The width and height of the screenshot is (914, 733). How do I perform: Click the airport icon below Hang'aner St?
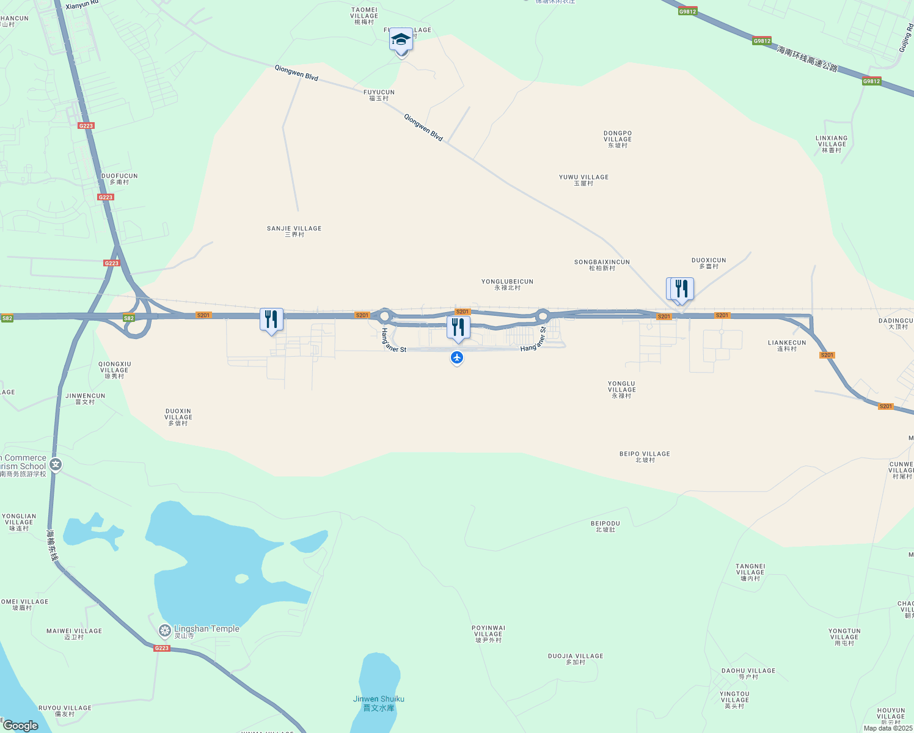coord(457,357)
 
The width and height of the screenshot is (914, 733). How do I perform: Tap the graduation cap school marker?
coord(401,40)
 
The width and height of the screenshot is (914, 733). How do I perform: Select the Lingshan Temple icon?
coord(164,630)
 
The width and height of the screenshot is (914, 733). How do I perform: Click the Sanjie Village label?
coord(294,231)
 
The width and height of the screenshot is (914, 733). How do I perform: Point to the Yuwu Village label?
coord(583,180)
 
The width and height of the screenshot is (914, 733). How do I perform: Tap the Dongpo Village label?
coord(618,139)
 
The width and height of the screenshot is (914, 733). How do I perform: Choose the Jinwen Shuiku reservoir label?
coord(379,703)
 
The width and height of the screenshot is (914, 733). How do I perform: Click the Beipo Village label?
coord(645,456)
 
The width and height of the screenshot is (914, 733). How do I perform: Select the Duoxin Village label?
coord(178,417)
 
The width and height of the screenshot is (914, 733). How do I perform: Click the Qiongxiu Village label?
coord(115,370)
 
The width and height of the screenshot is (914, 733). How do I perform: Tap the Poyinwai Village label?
coord(488,633)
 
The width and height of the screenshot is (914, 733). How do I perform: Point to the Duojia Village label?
coord(576,658)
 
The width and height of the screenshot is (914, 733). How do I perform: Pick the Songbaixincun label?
coord(602,264)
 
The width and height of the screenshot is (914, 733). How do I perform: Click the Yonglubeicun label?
coord(507,284)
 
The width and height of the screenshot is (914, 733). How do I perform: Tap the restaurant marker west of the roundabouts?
coord(271,319)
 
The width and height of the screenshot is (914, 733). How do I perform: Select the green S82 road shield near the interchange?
coord(128,318)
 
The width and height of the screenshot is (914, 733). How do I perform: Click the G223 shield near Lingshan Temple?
coord(161,648)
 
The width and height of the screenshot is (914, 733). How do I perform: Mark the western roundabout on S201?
coord(384,316)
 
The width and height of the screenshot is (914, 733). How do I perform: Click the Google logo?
coord(21,726)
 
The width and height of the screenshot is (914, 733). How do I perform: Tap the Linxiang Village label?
coord(832,144)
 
